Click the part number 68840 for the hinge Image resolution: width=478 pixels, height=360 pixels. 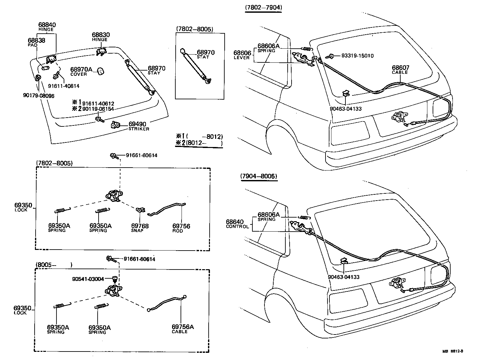coord(47,25)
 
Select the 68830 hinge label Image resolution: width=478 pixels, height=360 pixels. coord(101,35)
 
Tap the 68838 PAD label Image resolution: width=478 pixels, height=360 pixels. coord(36,41)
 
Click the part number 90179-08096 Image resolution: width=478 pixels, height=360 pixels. coord(39,96)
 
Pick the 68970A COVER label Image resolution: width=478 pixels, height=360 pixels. coord(81,70)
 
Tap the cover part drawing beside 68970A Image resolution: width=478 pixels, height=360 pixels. coord(101,71)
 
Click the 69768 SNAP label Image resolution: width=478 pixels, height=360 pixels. coord(140,226)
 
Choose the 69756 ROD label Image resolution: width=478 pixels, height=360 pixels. coord(181,226)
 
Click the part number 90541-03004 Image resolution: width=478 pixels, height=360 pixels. coord(88,279)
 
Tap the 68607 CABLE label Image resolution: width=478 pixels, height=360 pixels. coord(400,68)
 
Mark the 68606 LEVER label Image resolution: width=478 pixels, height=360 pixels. coord(242,53)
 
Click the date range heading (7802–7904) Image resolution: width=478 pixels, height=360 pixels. coord(263,8)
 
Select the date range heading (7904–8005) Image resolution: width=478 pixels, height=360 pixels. coord(258,176)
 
